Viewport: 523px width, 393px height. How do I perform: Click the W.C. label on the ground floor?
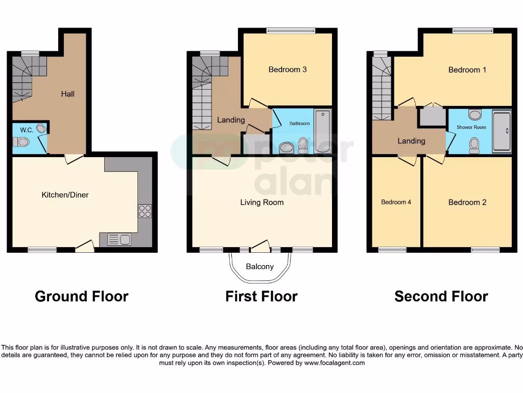click(x=27, y=130)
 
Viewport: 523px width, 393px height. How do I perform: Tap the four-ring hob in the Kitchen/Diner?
click(x=145, y=211)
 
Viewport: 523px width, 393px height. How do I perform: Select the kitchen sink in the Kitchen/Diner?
click(x=119, y=239)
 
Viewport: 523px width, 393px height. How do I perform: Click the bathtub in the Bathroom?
click(x=322, y=130)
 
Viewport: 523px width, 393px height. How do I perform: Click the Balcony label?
click(x=260, y=267)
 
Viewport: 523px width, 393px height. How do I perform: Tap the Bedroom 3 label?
click(x=288, y=70)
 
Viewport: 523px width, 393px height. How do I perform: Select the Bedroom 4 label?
click(x=396, y=202)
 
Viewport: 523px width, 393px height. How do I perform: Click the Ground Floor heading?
click(x=81, y=296)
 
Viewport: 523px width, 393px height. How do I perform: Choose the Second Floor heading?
click(x=441, y=296)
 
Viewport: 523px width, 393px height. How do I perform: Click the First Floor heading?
click(x=261, y=296)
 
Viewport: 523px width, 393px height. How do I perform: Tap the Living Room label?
click(x=262, y=203)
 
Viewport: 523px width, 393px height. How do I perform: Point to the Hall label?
click(x=68, y=94)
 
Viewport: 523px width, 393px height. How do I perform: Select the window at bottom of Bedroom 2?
click(x=485, y=250)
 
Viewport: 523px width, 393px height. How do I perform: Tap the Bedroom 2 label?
click(x=467, y=203)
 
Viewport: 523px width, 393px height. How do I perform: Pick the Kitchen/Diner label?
click(x=65, y=195)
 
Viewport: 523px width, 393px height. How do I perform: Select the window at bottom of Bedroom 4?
click(x=392, y=250)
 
